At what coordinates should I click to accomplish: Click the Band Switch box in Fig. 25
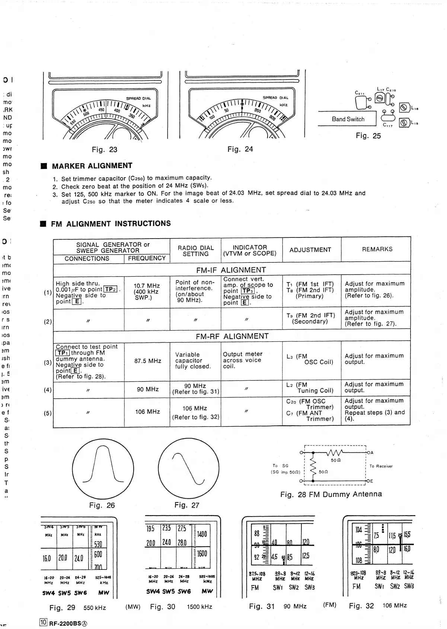348,119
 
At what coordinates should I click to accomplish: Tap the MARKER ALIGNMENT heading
92,166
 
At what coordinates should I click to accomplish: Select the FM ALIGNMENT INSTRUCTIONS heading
111,224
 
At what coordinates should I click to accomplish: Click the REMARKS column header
377,249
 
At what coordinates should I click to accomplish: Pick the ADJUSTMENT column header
310,250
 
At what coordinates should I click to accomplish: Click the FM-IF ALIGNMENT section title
231,270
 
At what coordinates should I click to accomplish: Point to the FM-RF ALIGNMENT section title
232,336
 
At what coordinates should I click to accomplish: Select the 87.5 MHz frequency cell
147,361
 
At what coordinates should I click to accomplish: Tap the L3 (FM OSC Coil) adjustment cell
310,359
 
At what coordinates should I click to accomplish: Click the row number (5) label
48,413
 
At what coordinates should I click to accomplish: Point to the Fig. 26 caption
102,505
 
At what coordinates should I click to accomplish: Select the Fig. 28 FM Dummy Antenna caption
331,494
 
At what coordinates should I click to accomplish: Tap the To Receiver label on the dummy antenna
381,466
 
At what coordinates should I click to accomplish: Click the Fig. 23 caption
105,150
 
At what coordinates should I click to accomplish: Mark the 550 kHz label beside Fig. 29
95,608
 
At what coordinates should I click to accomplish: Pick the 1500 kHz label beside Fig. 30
199,607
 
